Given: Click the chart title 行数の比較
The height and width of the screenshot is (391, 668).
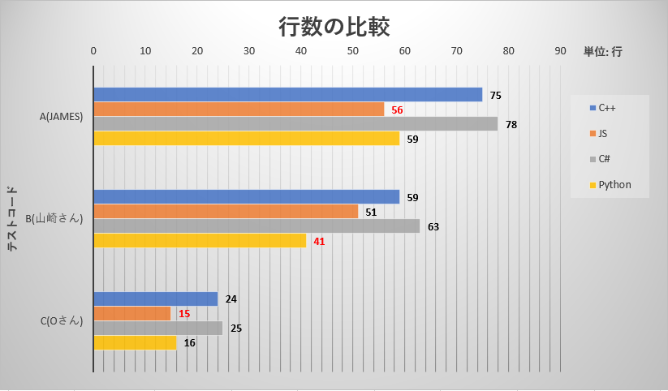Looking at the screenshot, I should pos(334,28).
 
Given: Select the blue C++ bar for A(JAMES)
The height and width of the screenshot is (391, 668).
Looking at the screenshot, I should pos(287,95).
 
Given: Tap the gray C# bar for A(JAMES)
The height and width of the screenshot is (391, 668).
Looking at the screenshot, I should pos(295,124).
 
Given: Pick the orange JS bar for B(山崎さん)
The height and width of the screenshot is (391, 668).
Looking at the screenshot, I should pos(226,212).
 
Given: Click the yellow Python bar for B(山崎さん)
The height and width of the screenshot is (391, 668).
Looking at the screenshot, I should pos(200,241).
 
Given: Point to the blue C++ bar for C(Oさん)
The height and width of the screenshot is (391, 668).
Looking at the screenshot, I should pos(156,299).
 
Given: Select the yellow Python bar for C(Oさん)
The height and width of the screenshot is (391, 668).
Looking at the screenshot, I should pos(135,343).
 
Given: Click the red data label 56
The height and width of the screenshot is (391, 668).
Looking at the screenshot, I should pos(397,110).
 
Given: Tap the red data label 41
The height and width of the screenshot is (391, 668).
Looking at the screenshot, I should pos(319,242).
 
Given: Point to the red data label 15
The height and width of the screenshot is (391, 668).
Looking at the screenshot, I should pos(184,314).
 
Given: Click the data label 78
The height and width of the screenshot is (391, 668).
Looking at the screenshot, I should pos(511,125).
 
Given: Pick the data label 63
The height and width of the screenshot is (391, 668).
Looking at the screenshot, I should pos(433,227).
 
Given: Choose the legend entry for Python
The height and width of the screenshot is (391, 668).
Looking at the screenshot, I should pos(610,185).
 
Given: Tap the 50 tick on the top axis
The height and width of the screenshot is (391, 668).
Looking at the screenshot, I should pos(353,51).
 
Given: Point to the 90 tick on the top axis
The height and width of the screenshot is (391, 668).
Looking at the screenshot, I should pos(560,51).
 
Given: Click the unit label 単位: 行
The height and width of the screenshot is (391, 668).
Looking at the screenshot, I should pos(602,51).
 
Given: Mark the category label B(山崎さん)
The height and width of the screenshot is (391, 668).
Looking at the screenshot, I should pos(54,219).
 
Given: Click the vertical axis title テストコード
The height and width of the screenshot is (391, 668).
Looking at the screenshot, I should pos(14,219).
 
